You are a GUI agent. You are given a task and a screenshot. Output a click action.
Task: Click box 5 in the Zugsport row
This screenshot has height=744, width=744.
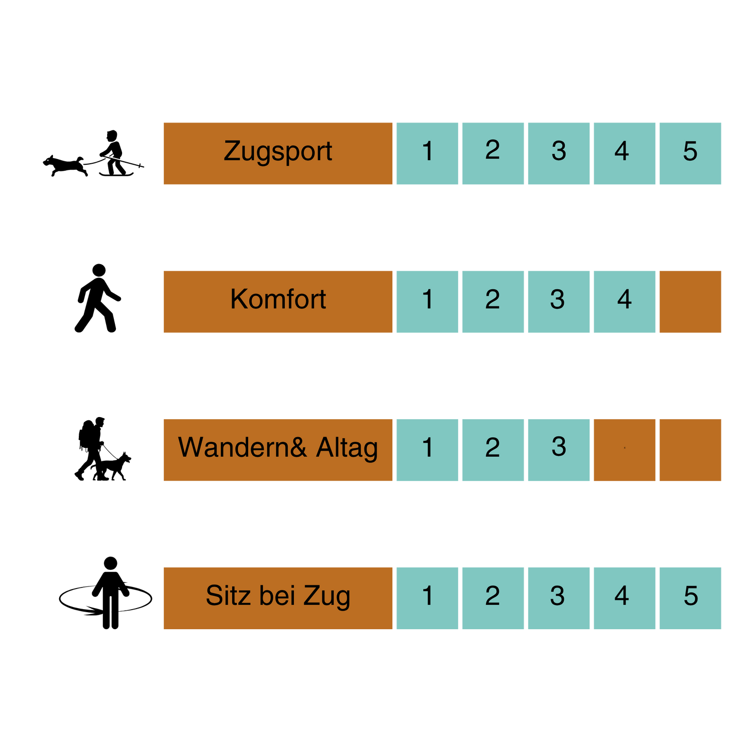click(x=690, y=153)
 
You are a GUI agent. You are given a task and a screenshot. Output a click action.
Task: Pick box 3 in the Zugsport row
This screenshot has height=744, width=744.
click(x=559, y=153)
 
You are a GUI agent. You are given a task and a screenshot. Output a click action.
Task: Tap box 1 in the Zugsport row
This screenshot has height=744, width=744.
click(x=427, y=153)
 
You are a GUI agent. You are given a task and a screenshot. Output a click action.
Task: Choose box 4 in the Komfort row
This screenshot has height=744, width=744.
click(x=625, y=302)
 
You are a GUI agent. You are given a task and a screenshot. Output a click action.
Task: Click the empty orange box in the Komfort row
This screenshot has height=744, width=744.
click(x=690, y=302)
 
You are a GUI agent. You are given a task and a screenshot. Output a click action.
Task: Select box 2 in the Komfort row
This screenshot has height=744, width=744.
click(x=493, y=302)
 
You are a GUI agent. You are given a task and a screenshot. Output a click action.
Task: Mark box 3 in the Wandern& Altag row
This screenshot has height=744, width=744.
click(x=559, y=450)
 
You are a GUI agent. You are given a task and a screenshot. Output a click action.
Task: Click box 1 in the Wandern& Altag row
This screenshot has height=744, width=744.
click(x=427, y=450)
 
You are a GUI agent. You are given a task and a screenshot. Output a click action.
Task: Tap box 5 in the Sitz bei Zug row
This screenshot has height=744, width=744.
click(x=690, y=598)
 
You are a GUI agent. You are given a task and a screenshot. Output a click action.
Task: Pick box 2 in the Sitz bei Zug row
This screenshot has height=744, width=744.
click(x=493, y=598)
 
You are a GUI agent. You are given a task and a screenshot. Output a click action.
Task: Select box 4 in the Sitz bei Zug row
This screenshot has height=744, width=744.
click(x=625, y=598)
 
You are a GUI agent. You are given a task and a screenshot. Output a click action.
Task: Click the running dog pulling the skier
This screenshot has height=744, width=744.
click(x=65, y=166)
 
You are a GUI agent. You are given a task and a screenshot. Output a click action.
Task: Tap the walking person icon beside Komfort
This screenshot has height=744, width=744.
click(x=98, y=298)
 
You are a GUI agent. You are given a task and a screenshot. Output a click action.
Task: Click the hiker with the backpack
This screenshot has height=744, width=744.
click(x=92, y=448)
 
